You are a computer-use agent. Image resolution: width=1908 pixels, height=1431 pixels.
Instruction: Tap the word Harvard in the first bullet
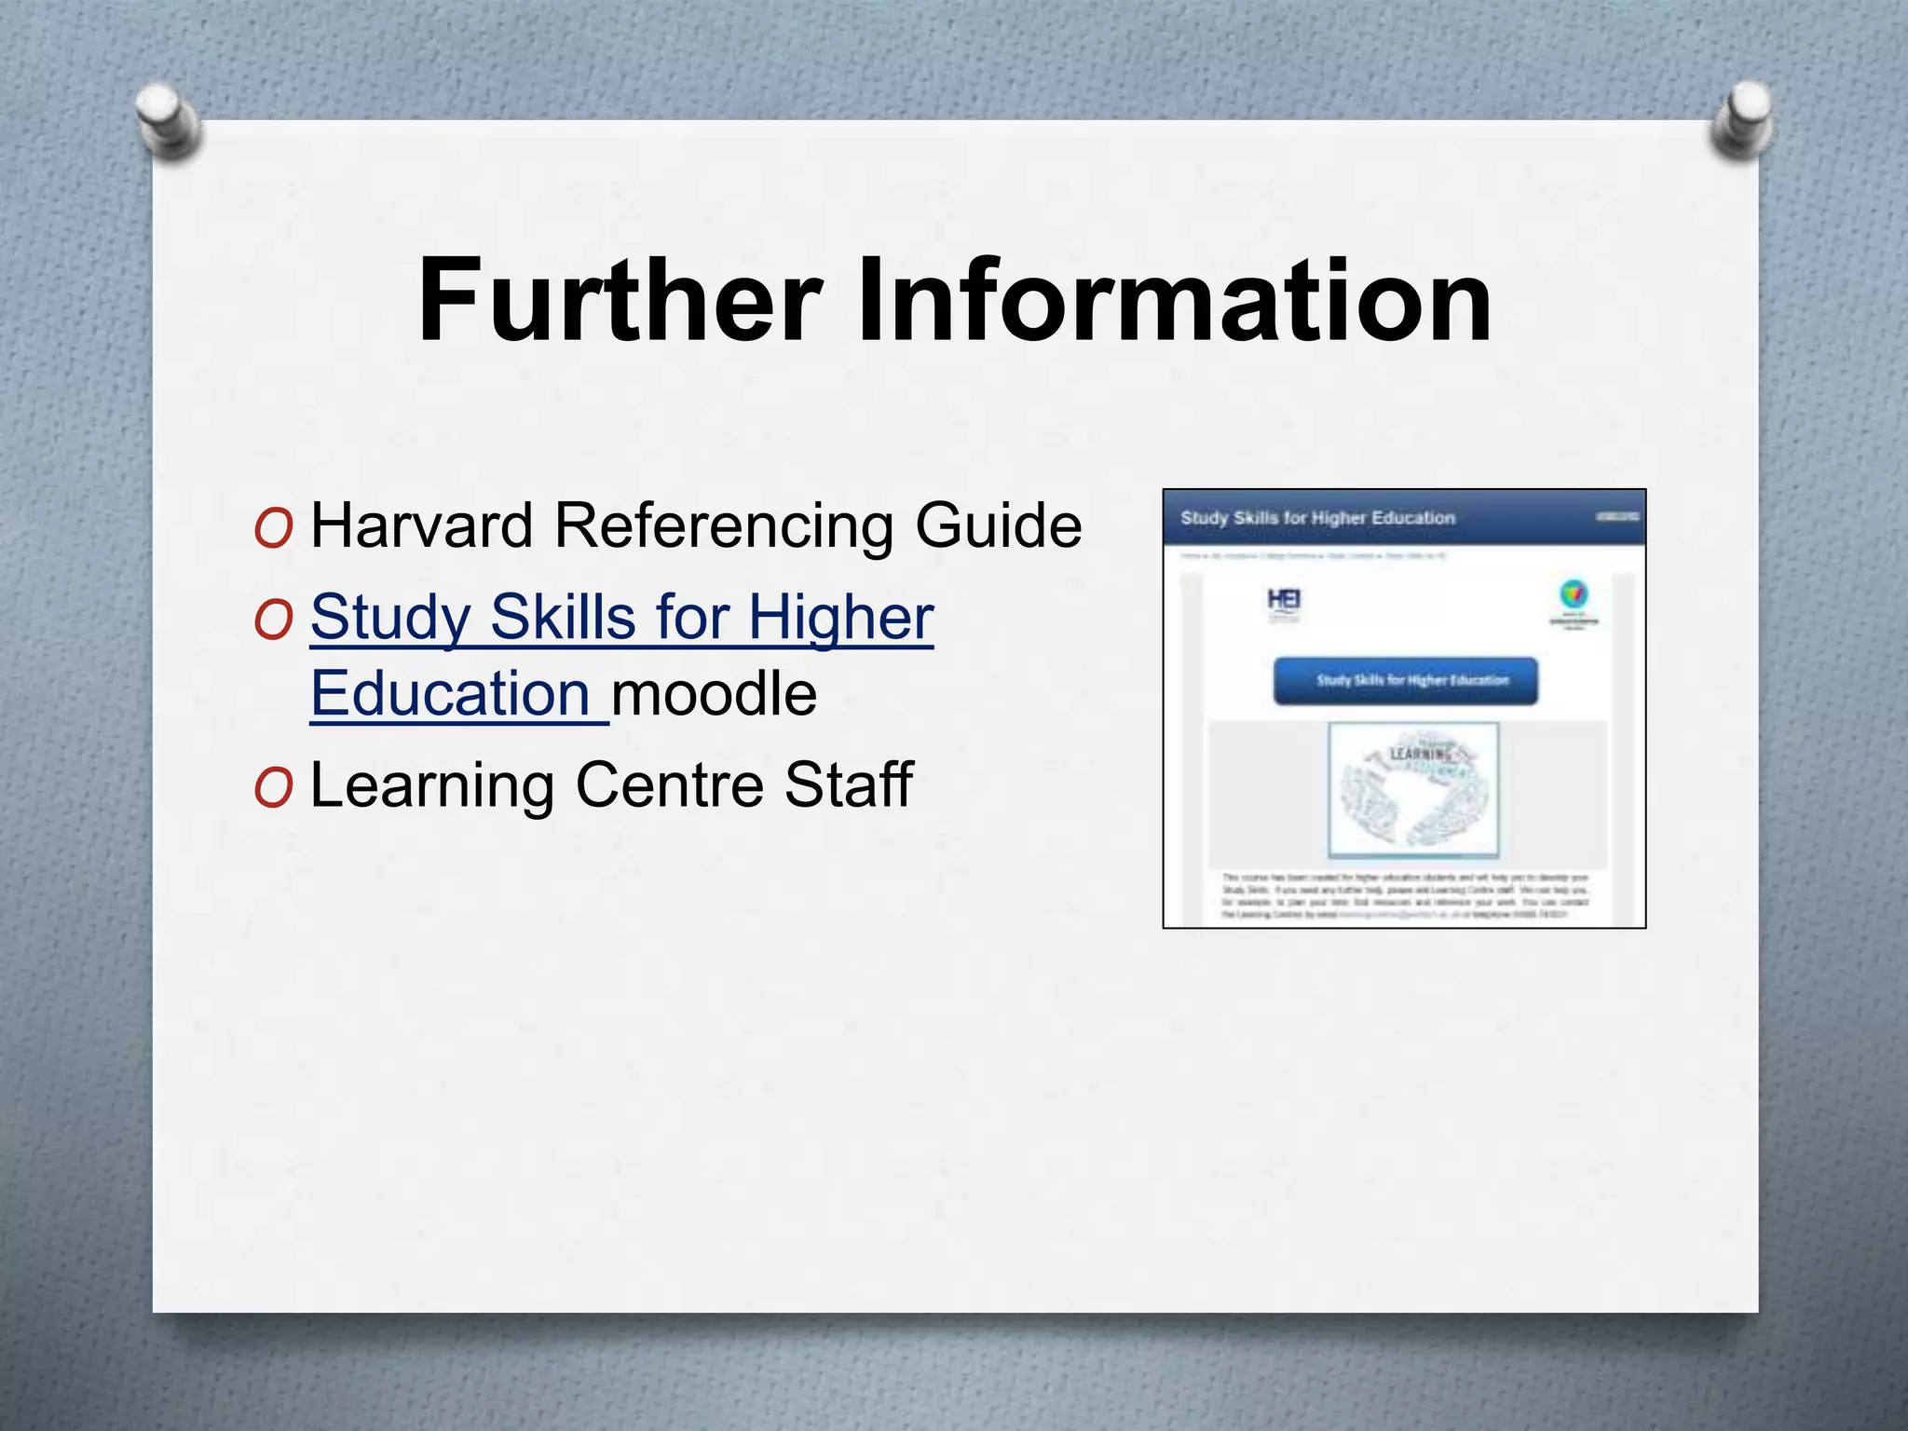[x=421, y=525]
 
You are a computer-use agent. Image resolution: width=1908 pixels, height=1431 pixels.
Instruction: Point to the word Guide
[x=999, y=525]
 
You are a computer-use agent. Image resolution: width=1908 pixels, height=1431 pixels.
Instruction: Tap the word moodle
[x=715, y=694]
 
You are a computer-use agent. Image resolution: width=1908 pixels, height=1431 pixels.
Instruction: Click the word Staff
[x=848, y=784]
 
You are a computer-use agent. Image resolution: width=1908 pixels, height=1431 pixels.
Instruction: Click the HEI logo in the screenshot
[x=1284, y=601]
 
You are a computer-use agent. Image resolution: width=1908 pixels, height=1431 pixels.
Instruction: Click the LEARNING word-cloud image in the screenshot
[x=1413, y=789]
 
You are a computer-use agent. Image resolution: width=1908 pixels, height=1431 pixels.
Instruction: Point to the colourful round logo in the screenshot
[x=1574, y=594]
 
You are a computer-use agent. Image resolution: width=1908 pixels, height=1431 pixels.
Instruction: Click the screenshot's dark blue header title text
[x=1317, y=518]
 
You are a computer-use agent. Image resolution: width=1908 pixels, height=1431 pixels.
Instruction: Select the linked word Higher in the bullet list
[x=840, y=618]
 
